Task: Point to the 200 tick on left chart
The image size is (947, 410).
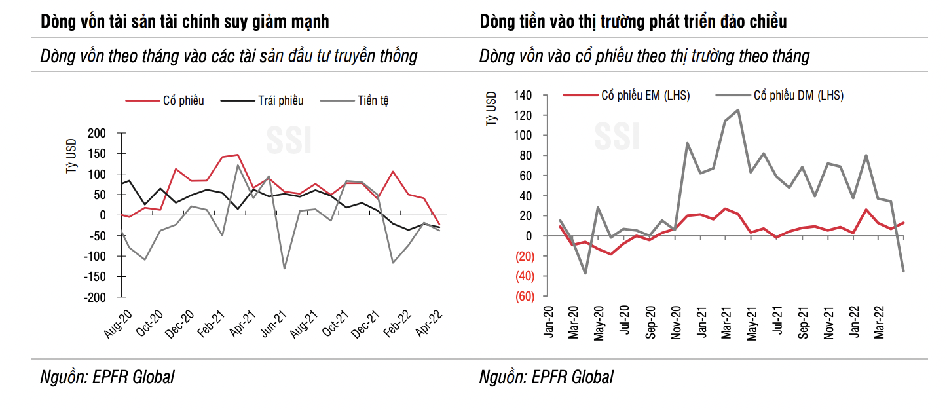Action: [x=96, y=134]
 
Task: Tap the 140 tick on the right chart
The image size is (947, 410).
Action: [x=523, y=96]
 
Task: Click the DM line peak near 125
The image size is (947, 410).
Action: [x=738, y=110]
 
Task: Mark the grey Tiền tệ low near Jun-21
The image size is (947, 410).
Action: [x=284, y=268]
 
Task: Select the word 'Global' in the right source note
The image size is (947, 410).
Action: [x=592, y=377]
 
